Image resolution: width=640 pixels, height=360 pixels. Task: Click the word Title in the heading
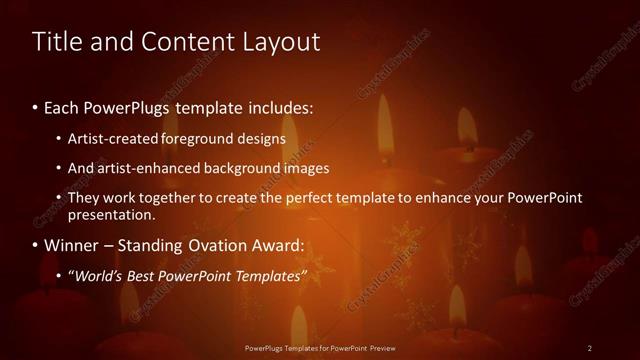click(57, 42)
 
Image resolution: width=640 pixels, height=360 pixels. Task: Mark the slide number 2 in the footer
click(590, 347)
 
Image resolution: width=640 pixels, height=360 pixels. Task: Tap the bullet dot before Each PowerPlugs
click(36, 106)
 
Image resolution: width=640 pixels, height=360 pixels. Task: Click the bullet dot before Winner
click(36, 245)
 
